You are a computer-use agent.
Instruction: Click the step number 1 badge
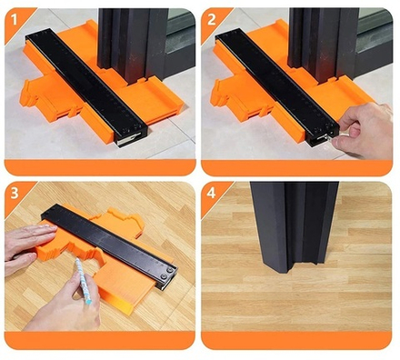coord(15,20)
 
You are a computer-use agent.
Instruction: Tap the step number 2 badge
coord(211,20)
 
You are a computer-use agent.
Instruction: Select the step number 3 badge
coord(15,194)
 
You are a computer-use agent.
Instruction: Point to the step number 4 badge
coord(211,193)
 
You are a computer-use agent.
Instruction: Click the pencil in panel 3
coord(84,281)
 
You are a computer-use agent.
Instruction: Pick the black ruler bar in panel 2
coord(277,88)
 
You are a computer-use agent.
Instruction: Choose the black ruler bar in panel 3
coord(109,245)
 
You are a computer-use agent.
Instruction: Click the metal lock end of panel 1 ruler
coord(129,139)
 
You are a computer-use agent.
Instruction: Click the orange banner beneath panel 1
coord(100,167)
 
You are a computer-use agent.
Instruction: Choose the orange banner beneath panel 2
coord(296,168)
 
